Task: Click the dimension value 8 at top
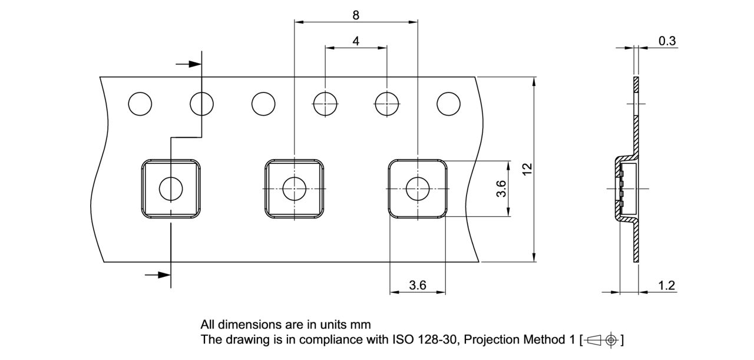[x=356, y=15]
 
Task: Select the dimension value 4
[x=356, y=41]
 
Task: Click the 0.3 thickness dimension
[x=667, y=41]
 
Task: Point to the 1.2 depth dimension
[x=666, y=286]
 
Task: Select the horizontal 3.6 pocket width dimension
[x=417, y=285]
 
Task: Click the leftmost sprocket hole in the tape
[x=140, y=104]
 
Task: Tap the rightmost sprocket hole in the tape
[x=448, y=104]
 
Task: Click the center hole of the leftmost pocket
[x=171, y=189]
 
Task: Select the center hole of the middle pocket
[x=294, y=189]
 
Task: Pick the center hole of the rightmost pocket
[x=418, y=189]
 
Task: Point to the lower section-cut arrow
[x=158, y=274]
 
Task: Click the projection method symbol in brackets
[x=601, y=340]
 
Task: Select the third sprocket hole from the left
[x=263, y=104]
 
